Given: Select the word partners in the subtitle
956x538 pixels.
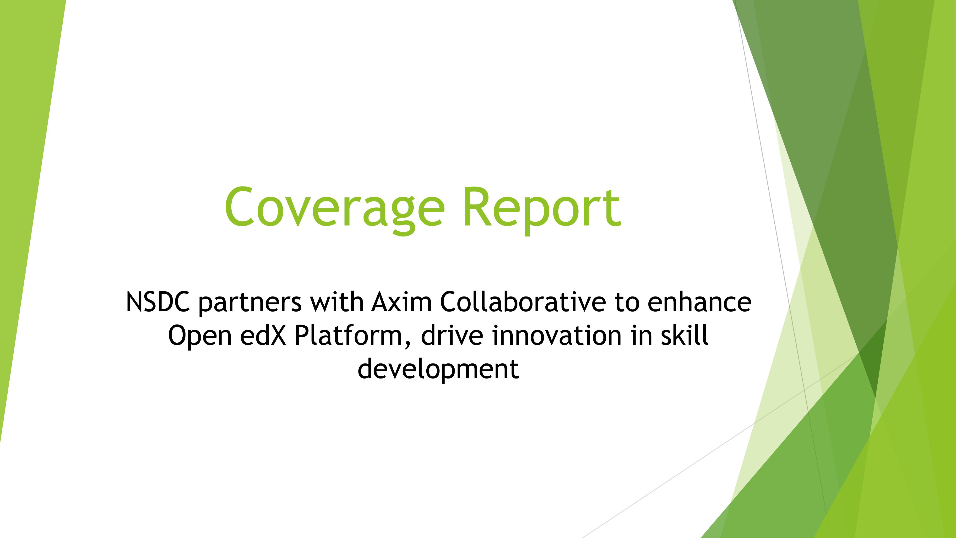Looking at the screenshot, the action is click(x=250, y=303).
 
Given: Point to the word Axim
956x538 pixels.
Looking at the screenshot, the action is click(x=402, y=302).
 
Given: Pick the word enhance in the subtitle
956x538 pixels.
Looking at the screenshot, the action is click(x=700, y=302).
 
